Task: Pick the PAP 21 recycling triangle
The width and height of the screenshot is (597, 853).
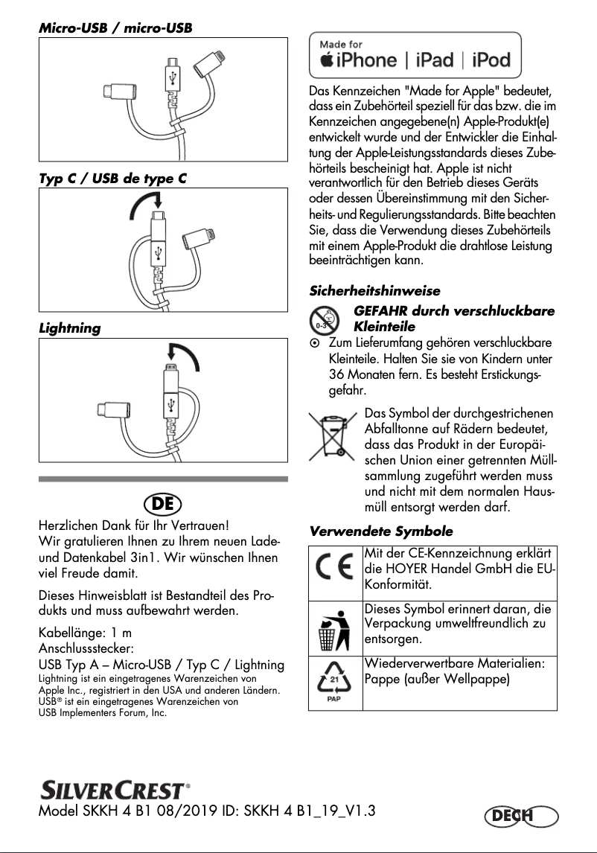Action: coord(335,681)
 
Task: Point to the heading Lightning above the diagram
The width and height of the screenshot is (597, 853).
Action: coord(69,328)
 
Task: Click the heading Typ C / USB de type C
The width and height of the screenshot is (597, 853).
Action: coord(111,179)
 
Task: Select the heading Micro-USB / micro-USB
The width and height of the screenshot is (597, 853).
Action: coord(115,28)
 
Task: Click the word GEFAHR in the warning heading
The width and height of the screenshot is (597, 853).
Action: coord(381,311)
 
